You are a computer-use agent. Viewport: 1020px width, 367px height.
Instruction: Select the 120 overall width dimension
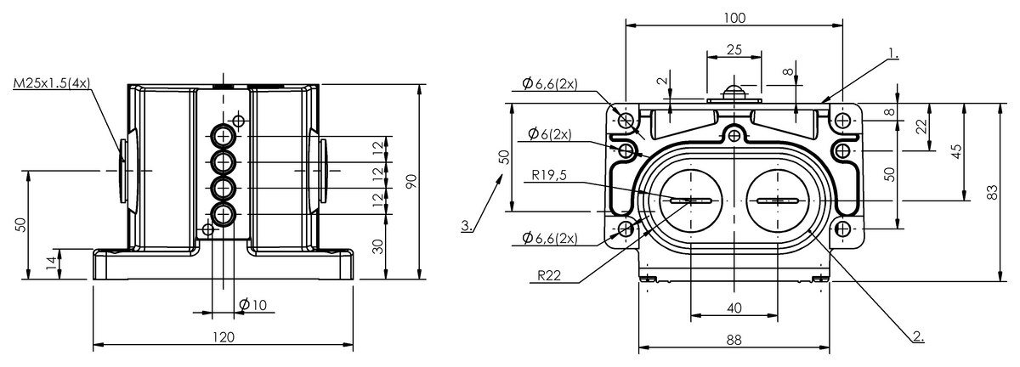(x=222, y=337)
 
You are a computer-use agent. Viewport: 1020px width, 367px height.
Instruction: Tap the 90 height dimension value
(x=411, y=182)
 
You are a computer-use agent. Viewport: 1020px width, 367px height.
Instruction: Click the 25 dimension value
(x=734, y=50)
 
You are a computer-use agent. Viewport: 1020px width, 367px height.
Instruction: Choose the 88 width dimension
(x=734, y=339)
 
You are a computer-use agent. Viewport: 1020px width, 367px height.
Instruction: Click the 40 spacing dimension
(x=734, y=308)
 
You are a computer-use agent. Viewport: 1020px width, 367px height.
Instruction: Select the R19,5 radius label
(x=551, y=176)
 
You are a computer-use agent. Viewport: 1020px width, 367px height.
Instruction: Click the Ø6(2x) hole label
(x=548, y=134)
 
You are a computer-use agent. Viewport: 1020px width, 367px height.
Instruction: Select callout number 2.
(x=918, y=335)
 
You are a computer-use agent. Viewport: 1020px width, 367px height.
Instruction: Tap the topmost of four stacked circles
(x=224, y=136)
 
